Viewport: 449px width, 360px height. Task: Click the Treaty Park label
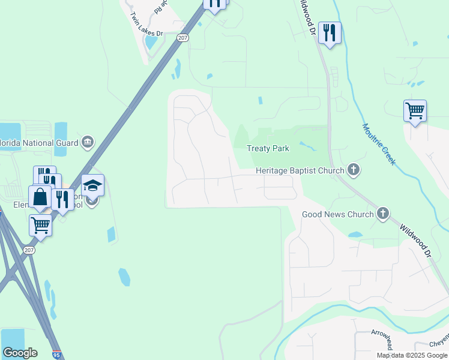pos(268,148)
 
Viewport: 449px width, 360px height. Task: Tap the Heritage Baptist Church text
pos(300,170)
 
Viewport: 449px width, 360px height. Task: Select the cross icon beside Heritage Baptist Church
pos(354,170)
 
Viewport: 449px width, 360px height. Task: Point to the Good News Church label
pos(337,214)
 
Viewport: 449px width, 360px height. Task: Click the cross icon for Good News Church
pos(382,214)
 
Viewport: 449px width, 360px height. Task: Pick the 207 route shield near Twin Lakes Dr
pos(182,37)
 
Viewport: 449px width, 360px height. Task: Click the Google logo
pos(20,353)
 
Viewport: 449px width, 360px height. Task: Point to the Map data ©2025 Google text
pos(412,355)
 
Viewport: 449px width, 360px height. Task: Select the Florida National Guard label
pos(39,143)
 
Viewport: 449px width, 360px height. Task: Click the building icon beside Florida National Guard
pos(88,142)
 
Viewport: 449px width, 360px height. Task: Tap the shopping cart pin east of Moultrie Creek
pos(415,111)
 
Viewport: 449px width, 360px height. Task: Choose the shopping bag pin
pos(40,197)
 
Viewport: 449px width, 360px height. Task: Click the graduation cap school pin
pos(92,185)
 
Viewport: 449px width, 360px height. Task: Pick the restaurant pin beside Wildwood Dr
pos(329,32)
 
